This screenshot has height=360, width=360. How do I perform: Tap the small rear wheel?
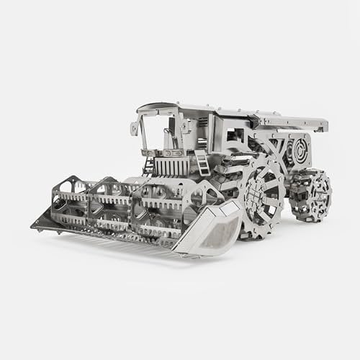point(311,195)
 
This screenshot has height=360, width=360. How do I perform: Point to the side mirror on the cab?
point(135,128)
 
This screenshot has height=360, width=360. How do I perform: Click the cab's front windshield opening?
point(156,133)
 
